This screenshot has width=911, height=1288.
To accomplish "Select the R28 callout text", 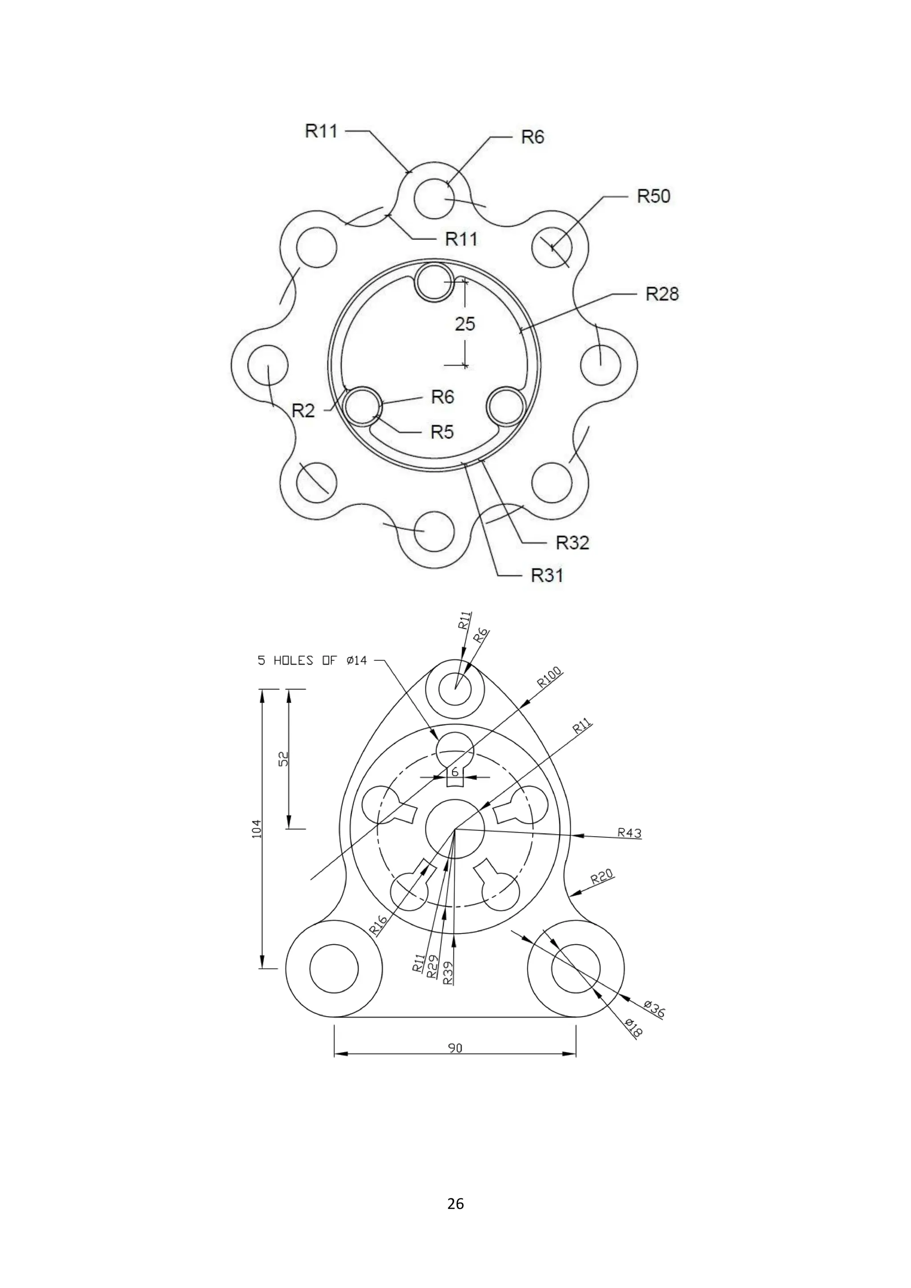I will click(x=662, y=294).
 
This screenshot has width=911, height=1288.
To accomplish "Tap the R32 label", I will click(x=572, y=543).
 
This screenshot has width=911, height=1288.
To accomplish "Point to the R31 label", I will click(x=547, y=576).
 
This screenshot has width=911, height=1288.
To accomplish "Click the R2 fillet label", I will click(x=303, y=411).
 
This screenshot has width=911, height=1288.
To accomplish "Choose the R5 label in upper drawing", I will click(x=442, y=432).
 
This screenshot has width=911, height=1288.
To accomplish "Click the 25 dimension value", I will click(x=465, y=324).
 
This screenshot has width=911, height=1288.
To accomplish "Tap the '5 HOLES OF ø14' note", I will click(x=312, y=661).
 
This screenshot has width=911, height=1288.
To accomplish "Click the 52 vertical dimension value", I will click(x=284, y=759).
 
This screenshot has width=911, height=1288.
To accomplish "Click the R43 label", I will click(x=629, y=833).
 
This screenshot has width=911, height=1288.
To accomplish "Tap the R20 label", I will click(x=602, y=876).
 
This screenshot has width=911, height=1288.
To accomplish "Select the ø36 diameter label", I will click(x=654, y=1009).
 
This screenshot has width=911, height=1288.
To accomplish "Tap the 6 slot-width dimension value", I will click(x=455, y=773).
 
